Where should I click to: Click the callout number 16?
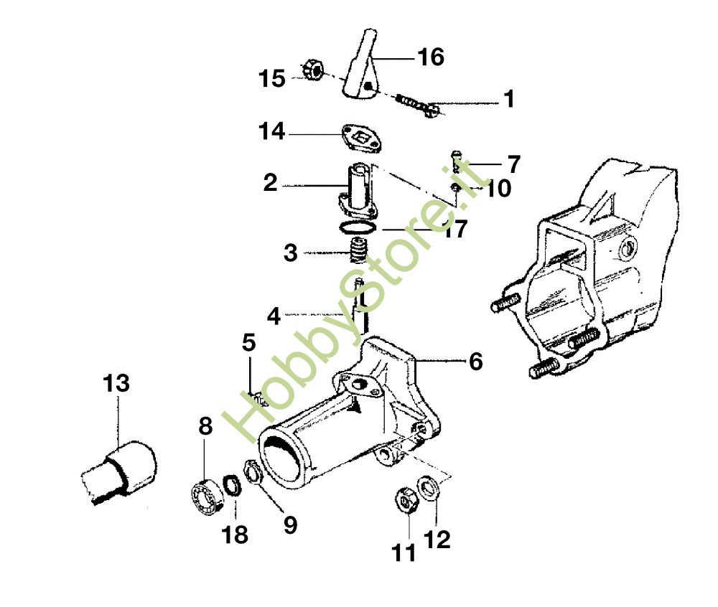coord(430,57)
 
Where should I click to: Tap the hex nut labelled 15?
coord(313,70)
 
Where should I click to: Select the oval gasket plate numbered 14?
coord(361,138)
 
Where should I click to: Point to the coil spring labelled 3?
coord(358,250)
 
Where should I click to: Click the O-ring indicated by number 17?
coord(358,226)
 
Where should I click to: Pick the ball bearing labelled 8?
coord(205,498)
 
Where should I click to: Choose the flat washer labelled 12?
coord(429,488)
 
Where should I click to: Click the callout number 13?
coord(116,383)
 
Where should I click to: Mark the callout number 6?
coord(476,362)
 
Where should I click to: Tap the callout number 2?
coord(270,183)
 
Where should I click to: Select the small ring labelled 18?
coord(233,485)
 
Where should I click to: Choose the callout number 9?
coord(291,524)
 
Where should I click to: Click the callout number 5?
coord(248,343)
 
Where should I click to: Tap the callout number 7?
coord(514,164)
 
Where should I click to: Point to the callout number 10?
coord(498,188)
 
